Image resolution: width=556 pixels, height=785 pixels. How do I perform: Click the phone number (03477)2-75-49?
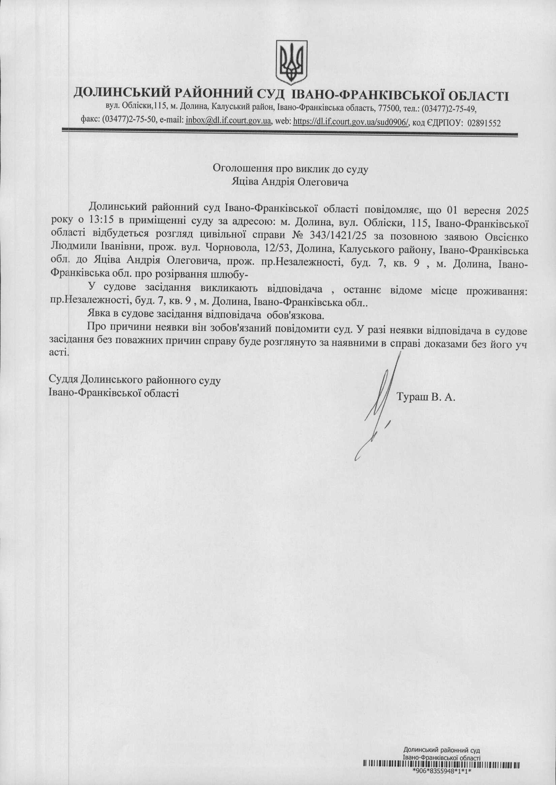coord(449,108)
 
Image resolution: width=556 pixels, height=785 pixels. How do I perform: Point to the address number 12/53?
coord(320,251)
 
